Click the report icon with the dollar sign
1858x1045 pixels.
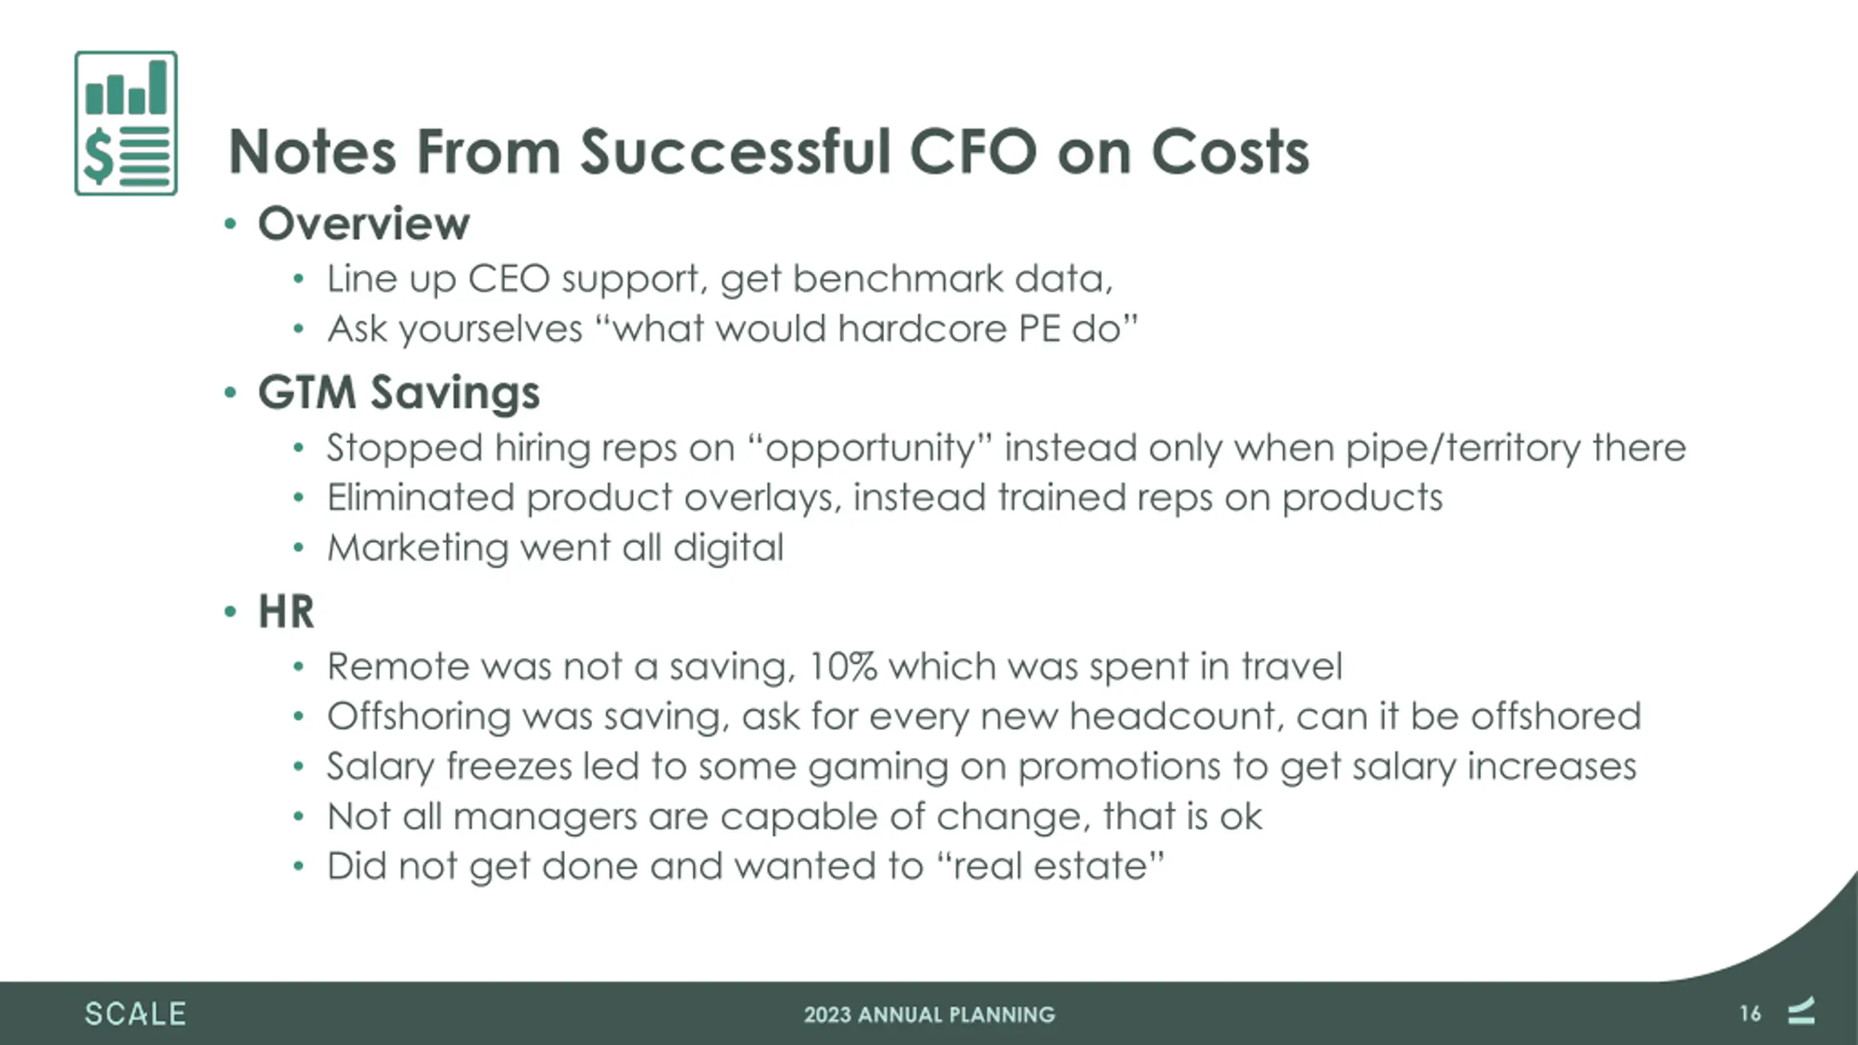coord(126,123)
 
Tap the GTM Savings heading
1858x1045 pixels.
coord(398,393)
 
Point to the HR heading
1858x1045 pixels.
coord(286,611)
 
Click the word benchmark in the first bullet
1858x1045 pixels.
coord(897,279)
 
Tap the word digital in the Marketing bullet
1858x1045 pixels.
coord(728,548)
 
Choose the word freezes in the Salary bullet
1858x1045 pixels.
coord(509,766)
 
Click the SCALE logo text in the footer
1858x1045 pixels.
coord(135,1014)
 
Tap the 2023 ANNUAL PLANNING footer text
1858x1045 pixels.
coord(929,1015)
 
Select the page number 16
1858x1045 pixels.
coord(1750,1014)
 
